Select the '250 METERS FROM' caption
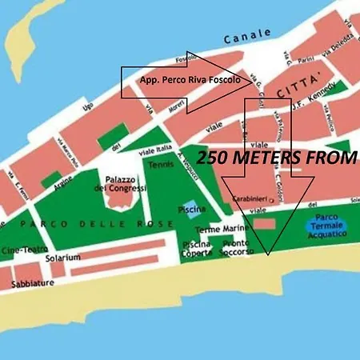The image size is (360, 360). click(x=276, y=158)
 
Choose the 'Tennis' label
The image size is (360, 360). click(x=160, y=165)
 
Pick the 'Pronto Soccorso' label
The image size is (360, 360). click(x=235, y=248)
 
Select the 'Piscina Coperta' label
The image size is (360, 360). click(x=196, y=248)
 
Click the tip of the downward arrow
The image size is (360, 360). click(x=268, y=254)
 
